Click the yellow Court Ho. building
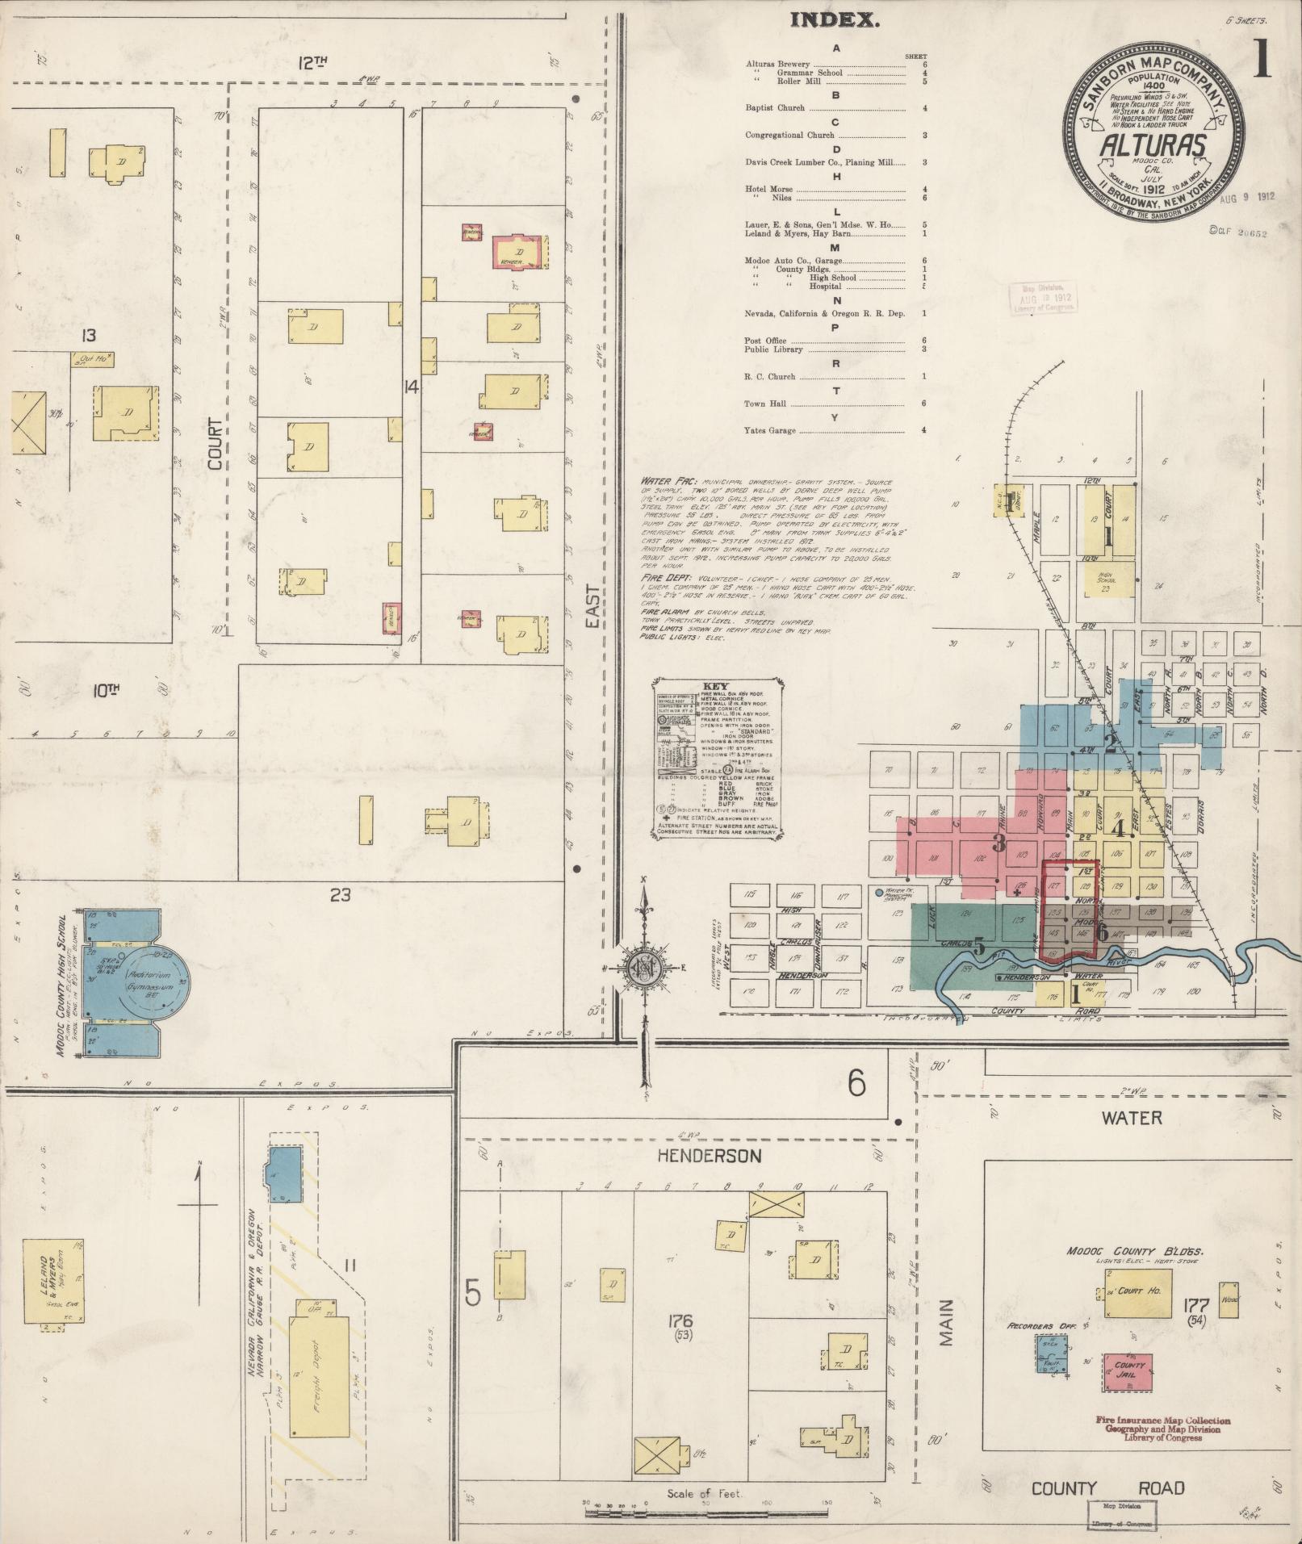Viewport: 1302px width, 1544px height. click(1138, 1291)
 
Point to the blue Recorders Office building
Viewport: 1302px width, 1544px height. click(1051, 1354)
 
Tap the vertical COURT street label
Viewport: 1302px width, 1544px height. click(215, 443)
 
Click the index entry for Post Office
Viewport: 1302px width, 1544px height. click(765, 341)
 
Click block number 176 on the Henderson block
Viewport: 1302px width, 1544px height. click(681, 1321)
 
